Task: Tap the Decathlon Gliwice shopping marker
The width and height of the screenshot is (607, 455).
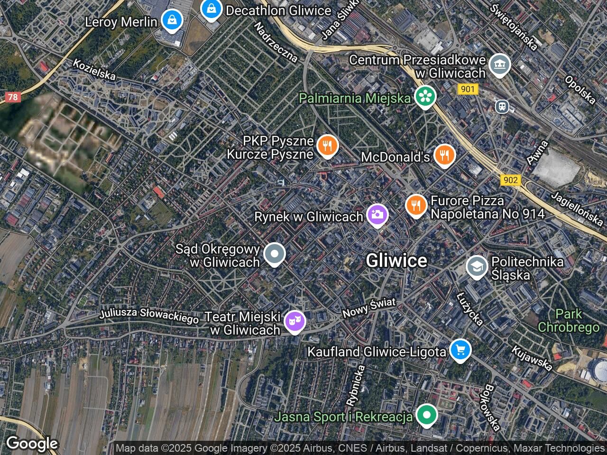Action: (211, 9)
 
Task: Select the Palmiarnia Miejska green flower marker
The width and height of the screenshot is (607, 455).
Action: (425, 97)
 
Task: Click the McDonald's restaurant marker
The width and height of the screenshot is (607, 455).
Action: (444, 155)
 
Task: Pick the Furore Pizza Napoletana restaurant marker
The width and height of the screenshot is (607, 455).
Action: (416, 205)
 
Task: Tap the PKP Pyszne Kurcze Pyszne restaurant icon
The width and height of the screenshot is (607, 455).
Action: (327, 146)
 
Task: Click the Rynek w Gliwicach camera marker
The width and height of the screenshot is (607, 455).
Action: (377, 215)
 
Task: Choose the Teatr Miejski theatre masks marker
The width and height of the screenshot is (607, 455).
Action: (294, 321)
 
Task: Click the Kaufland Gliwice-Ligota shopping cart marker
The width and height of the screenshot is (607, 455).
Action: (460, 350)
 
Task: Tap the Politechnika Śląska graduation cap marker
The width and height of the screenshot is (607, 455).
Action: (477, 267)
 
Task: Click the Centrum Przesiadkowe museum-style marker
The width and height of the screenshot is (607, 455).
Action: (499, 64)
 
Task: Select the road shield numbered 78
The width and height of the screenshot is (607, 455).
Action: (13, 97)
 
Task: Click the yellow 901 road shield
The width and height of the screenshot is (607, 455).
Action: (468, 89)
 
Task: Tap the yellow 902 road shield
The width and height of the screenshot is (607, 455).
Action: (510, 180)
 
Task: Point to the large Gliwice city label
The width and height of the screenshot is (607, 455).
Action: (396, 260)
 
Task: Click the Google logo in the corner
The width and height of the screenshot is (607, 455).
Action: (32, 444)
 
